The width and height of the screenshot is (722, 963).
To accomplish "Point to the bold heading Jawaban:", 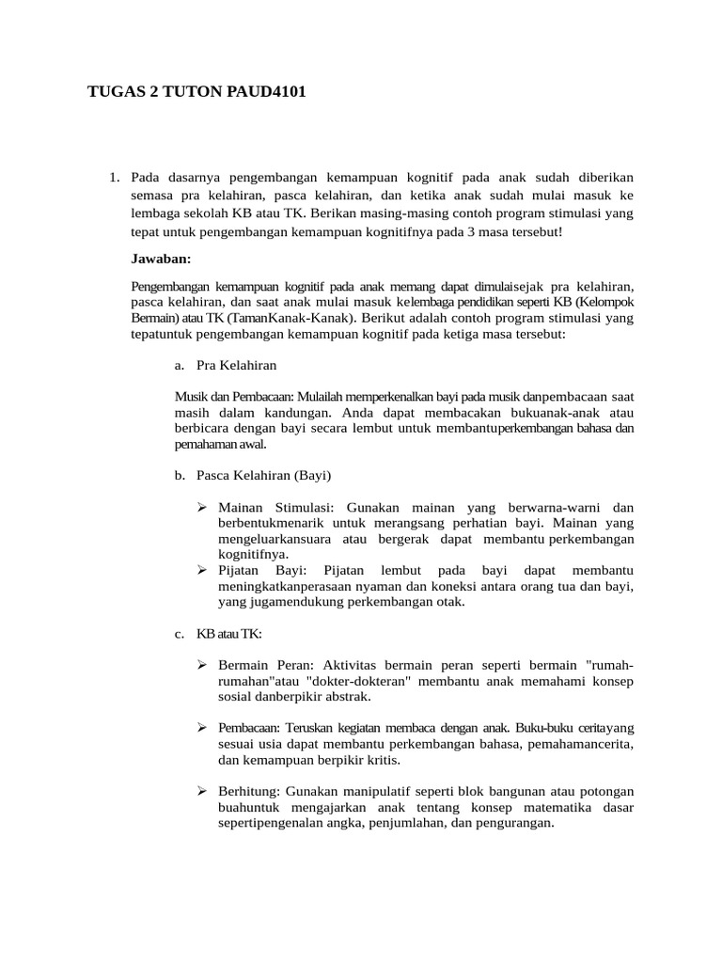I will pos(161,257).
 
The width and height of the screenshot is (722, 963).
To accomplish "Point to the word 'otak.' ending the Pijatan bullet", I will pos(447,601).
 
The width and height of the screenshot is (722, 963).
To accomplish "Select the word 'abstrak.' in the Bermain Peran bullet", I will pos(346,697).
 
